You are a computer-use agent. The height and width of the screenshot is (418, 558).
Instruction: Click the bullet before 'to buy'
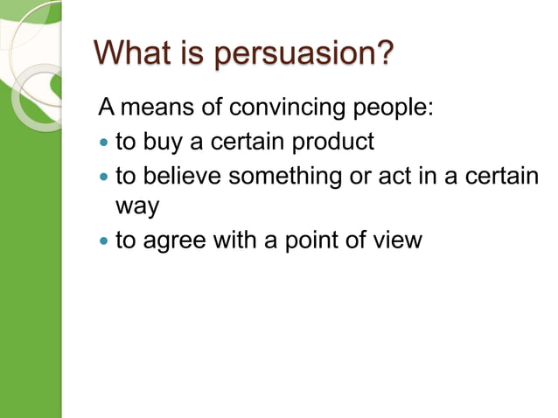click(106, 142)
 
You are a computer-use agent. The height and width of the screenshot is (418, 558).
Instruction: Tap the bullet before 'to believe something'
click(106, 177)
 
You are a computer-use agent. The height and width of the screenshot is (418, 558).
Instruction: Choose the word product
click(332, 141)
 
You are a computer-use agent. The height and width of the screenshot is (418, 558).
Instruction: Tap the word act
click(392, 176)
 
